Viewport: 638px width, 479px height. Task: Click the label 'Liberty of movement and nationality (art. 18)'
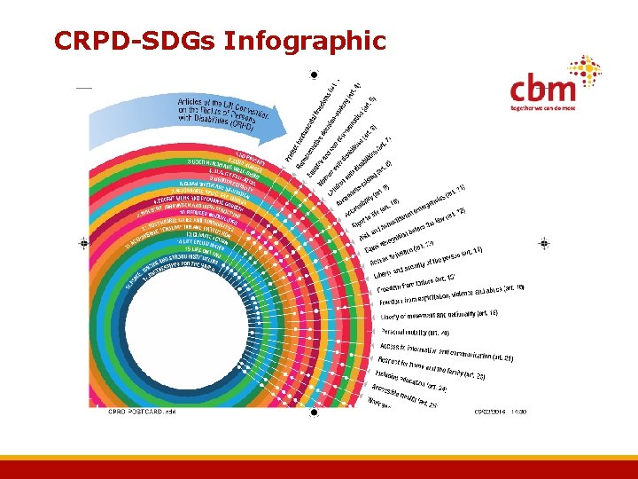439,315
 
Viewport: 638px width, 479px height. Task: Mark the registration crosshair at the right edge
544,242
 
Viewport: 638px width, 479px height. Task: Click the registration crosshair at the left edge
83,242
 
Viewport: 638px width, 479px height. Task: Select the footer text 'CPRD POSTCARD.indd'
141,412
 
